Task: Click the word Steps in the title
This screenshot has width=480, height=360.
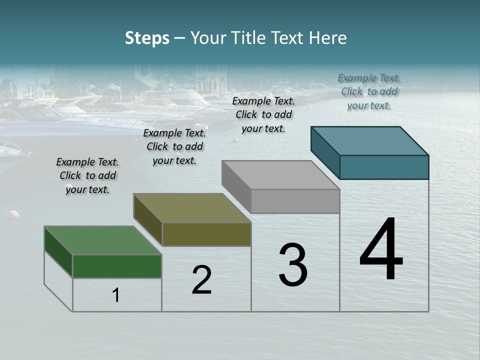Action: pos(147,38)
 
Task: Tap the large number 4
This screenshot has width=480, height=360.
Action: pos(381,249)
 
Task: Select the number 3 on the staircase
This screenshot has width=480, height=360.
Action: pos(293,265)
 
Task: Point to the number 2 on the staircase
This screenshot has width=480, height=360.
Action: pos(202,280)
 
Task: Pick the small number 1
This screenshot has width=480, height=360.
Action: pos(116,295)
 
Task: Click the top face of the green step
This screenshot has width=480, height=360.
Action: pos(102,240)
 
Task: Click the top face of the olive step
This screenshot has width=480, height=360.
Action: pos(192,208)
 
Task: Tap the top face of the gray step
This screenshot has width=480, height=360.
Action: pos(281,175)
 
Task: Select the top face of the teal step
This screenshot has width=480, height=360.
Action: pos(370,140)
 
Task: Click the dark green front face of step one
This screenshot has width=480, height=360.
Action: pos(117,266)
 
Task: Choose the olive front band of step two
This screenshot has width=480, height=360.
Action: pos(206,234)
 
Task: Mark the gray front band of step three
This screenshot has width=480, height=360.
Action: pos(295,201)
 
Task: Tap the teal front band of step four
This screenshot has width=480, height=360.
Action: pos(384,167)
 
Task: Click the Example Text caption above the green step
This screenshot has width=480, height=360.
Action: pos(87,175)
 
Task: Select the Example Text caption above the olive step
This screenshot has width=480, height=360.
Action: pos(174,146)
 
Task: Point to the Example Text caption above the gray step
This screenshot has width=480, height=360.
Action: pos(263,114)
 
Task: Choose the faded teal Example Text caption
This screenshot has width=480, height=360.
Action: pos(369,91)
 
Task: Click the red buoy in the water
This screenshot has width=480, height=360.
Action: pos(14,214)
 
